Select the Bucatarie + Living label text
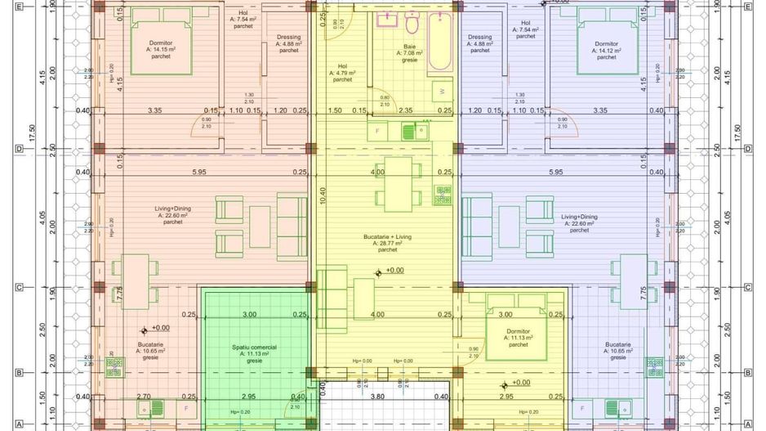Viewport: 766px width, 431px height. (388, 236)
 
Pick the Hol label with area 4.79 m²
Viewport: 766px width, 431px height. (342, 73)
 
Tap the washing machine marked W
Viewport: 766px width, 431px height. (442, 90)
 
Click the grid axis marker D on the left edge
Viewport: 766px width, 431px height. (17, 149)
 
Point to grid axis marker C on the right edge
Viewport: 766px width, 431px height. (748, 287)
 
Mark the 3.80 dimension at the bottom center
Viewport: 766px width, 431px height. (377, 397)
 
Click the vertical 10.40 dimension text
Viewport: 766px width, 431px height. (323, 195)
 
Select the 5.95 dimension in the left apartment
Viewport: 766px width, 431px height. (200, 172)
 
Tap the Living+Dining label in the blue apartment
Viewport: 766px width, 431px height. (579, 223)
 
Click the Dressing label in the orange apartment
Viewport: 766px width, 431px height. (288, 43)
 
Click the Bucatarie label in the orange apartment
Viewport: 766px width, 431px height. (150, 351)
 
